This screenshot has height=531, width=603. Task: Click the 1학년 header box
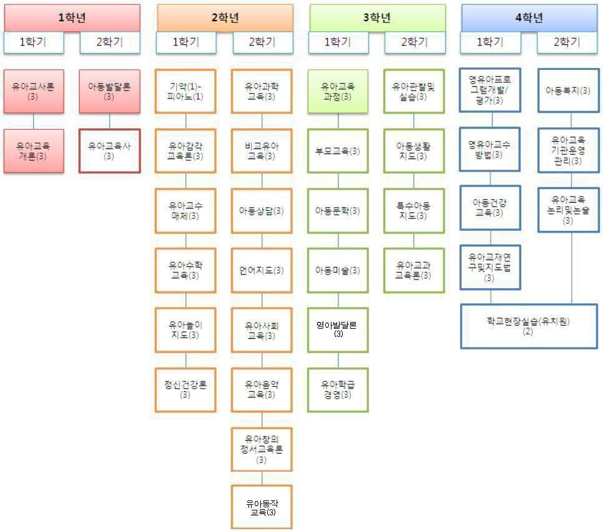[x=72, y=17]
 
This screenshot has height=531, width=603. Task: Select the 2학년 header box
[x=225, y=17]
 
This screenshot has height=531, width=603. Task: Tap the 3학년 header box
[x=377, y=17]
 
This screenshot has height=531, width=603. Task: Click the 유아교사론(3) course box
[x=34, y=91]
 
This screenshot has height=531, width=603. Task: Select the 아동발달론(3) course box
[x=109, y=91]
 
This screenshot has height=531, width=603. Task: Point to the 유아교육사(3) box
[x=109, y=150]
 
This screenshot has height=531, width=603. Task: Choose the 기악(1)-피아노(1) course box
[x=185, y=91]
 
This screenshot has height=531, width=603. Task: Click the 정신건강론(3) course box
[x=185, y=389]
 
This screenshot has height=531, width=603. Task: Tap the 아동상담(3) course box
[x=262, y=210]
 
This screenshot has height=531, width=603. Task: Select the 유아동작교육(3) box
[x=262, y=507]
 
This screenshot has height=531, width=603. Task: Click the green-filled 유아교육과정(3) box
[x=338, y=91]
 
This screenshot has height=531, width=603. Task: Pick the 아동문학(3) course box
[x=338, y=210]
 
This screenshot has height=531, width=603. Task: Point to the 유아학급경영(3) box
[x=338, y=389]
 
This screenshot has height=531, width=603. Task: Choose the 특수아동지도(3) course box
[x=413, y=210]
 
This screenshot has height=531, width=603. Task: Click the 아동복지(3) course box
[x=568, y=91]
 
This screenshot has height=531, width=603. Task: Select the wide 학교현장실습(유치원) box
[x=529, y=326]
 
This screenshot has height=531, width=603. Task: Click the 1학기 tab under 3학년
[x=338, y=42]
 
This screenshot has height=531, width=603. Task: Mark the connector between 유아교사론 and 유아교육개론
[x=34, y=120]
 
